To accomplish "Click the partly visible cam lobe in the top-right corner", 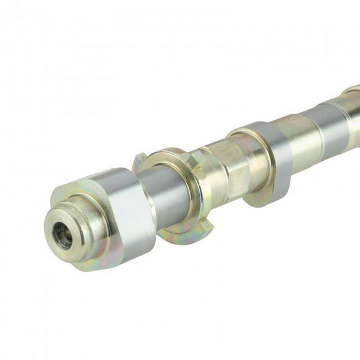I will coord(351,93).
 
